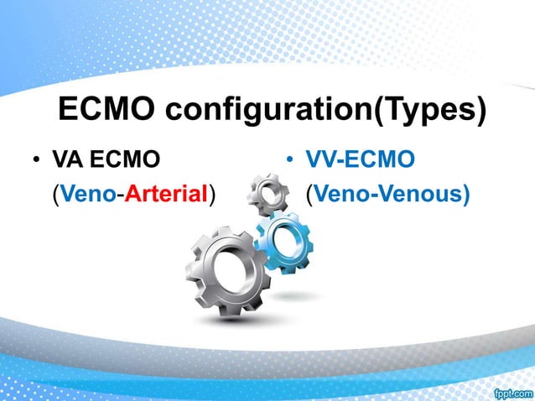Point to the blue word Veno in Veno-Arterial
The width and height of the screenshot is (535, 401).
tap(86, 195)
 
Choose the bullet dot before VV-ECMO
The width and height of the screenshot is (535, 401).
tap(288, 159)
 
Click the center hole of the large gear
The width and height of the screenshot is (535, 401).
tap(227, 270)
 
